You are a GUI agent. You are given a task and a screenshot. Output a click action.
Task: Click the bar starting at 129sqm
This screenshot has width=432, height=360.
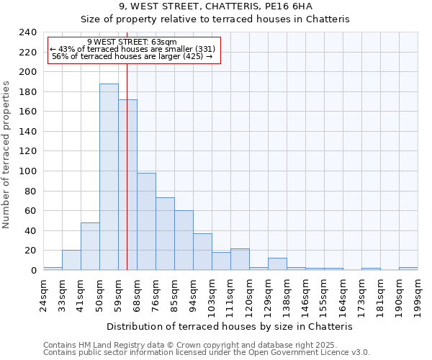click(277, 264)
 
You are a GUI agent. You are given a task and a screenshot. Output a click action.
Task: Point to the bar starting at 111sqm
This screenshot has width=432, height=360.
click(240, 259)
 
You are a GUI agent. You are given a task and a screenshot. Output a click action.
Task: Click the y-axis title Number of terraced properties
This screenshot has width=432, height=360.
click(7, 154)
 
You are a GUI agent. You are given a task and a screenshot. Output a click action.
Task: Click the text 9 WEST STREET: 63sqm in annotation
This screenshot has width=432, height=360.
click(132, 42)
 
